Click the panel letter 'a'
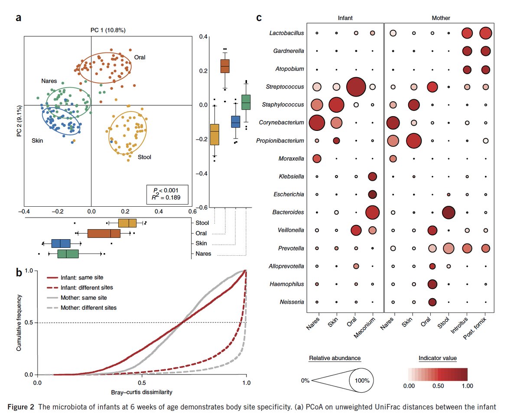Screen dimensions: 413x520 tap(19, 18)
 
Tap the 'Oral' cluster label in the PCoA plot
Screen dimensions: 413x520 tap(140, 57)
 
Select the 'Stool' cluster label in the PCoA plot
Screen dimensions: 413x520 tap(144, 157)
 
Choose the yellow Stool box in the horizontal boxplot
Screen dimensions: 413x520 tap(127, 223)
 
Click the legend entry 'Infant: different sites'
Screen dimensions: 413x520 tap(74, 287)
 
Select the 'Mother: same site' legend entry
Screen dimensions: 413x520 tap(74, 298)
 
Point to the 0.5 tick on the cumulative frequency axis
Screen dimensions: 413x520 tap(29, 322)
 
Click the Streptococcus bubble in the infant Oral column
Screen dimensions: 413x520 tap(355, 87)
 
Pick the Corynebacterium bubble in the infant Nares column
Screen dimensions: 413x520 tap(317, 123)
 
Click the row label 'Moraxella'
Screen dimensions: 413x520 tap(292, 159)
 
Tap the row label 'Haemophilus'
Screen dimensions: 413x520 tap(289, 284)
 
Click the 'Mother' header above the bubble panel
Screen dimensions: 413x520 tap(441, 18)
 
